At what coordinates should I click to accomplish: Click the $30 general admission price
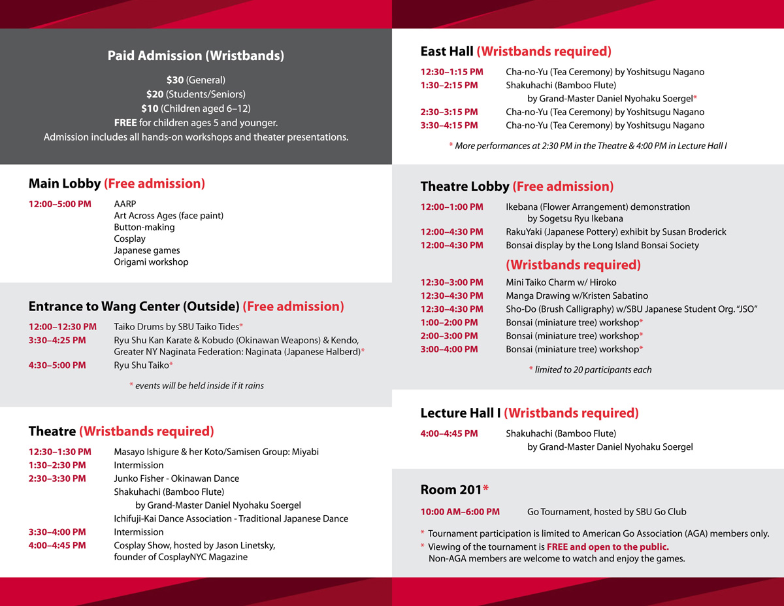[x=175, y=80]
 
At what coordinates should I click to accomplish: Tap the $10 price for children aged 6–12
[x=150, y=109]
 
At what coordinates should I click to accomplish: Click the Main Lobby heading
[x=65, y=184]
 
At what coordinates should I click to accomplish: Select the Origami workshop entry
[x=151, y=262]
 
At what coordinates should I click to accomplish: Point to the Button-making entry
[x=144, y=227]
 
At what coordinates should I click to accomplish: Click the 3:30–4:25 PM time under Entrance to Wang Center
[x=57, y=340]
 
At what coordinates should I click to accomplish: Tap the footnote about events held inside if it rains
[x=197, y=386]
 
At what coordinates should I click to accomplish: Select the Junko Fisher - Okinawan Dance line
[x=176, y=479]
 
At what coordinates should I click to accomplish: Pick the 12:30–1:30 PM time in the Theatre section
[x=59, y=452]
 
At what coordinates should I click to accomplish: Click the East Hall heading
[x=447, y=52]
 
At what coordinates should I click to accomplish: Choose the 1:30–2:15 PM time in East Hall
[x=449, y=85]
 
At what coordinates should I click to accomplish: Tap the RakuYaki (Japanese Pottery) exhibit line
[x=615, y=232]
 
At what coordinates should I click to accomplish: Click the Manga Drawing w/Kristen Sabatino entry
[x=577, y=295]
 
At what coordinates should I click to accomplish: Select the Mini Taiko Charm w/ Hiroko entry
[x=561, y=282]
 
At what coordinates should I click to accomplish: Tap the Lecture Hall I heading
[x=461, y=413]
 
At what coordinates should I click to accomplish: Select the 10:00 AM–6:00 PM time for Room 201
[x=460, y=512]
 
